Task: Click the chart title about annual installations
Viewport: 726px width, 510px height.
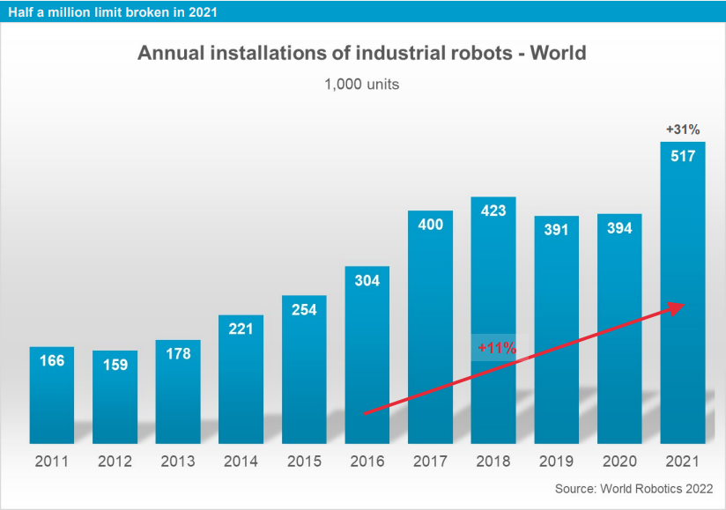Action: point(361,53)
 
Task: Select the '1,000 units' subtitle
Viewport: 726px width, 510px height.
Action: point(362,85)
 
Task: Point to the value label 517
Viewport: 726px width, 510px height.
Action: point(683,157)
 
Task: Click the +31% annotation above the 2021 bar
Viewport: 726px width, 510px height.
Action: point(683,130)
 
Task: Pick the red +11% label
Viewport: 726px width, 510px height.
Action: point(496,348)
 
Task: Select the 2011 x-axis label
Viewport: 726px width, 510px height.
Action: point(52,460)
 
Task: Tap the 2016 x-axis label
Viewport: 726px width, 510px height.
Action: point(367,460)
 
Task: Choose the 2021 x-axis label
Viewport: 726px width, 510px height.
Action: point(683,460)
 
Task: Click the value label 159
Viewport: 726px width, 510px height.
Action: point(115,365)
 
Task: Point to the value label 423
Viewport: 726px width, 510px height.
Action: point(493,211)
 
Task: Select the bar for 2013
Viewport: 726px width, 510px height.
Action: point(178,396)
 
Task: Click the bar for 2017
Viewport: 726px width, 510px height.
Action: point(430,335)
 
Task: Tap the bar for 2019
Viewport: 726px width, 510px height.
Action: point(557,335)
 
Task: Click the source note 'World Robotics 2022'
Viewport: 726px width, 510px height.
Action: point(633,488)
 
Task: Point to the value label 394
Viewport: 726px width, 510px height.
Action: point(619,228)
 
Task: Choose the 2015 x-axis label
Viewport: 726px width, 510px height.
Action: point(304,460)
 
